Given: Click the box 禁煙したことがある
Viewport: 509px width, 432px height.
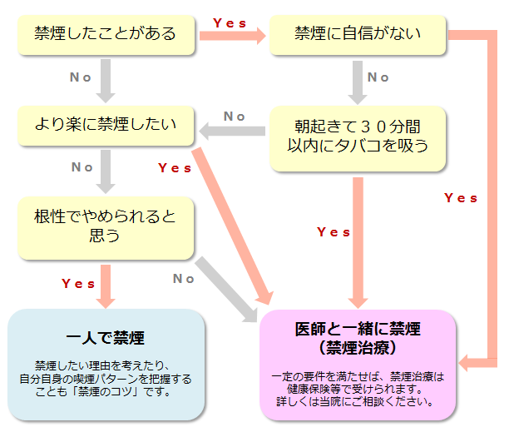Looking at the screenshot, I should tap(106, 34).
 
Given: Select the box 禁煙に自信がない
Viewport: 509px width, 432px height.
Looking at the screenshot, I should tap(358, 34).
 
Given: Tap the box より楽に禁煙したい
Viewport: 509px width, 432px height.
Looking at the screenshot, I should tap(106, 126).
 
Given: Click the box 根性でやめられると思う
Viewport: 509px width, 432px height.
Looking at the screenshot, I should tap(106, 226).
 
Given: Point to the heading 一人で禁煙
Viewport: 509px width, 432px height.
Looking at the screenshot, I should tap(105, 339).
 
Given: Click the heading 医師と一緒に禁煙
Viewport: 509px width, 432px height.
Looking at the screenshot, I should tap(358, 329).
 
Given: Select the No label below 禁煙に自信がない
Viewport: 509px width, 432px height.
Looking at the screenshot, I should tap(378, 77).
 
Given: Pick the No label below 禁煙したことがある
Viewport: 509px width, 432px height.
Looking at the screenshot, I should tap(81, 77).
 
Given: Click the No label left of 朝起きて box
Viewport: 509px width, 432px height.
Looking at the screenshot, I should tap(235, 117).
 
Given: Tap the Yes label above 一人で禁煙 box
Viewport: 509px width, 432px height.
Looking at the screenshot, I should tap(78, 284).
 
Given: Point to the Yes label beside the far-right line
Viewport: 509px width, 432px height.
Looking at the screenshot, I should tap(461, 198).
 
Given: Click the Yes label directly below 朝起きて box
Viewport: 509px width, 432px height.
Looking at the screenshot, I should tap(334, 232).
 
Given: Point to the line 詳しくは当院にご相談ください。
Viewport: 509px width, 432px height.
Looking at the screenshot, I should tap(358, 401).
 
